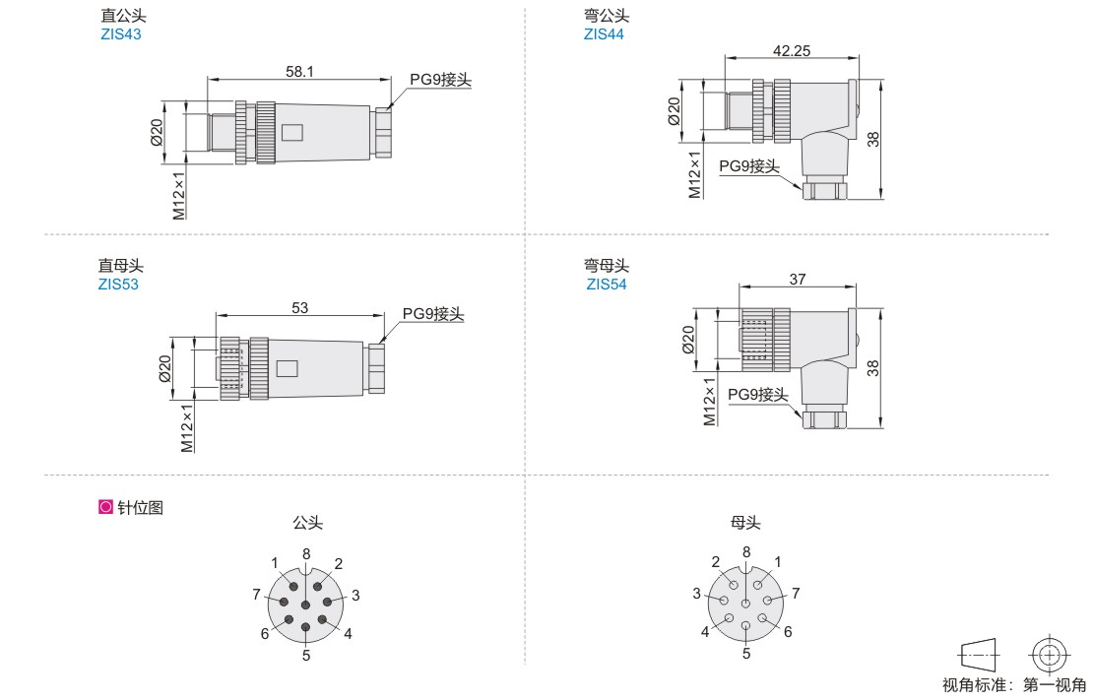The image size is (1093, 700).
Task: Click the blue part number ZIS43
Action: pos(120,34)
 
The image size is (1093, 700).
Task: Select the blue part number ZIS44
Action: pos(604,34)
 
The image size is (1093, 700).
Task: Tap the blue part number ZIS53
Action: pos(118,285)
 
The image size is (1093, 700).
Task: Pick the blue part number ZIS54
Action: pos(607,285)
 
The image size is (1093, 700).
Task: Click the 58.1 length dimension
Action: pos(299,71)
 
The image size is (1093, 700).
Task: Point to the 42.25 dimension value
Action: pos(792,51)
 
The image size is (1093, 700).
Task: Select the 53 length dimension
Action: pos(299,307)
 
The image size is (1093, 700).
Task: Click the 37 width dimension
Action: pos(798,279)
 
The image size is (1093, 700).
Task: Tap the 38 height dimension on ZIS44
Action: pos(873,140)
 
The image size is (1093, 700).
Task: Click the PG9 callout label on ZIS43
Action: pos(440,80)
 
